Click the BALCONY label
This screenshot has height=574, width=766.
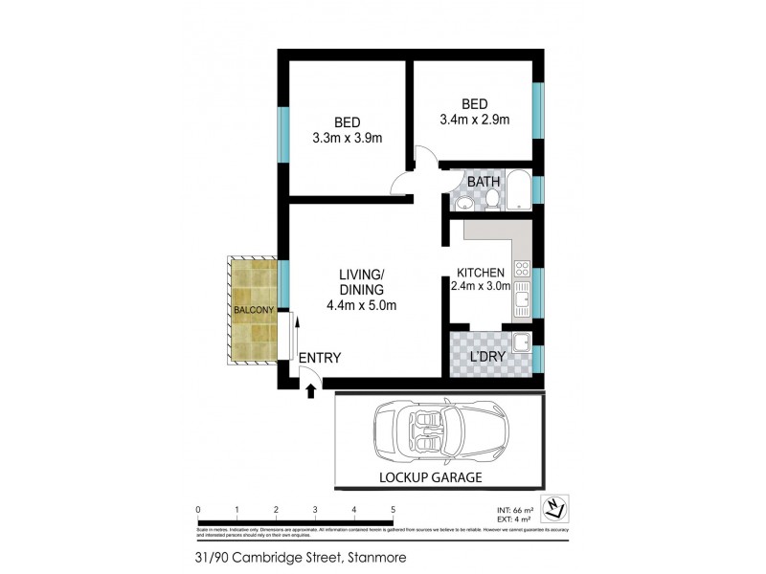(x=254, y=310)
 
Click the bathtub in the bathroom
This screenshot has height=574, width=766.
(x=519, y=191)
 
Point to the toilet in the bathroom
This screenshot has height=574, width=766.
(x=491, y=198)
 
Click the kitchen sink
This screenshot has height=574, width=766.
(x=523, y=304)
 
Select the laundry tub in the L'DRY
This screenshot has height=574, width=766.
(x=522, y=343)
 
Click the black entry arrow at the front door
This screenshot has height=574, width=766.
(x=310, y=388)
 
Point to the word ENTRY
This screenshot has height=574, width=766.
(x=320, y=358)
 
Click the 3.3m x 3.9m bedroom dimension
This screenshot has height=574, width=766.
(x=347, y=138)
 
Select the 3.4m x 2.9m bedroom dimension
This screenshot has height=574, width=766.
(x=474, y=120)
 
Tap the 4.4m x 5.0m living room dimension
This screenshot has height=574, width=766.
(x=361, y=306)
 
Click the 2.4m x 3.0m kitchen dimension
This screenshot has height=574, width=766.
(x=482, y=284)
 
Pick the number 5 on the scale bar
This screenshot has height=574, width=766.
(x=394, y=508)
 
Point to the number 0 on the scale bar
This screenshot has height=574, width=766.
(x=197, y=508)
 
